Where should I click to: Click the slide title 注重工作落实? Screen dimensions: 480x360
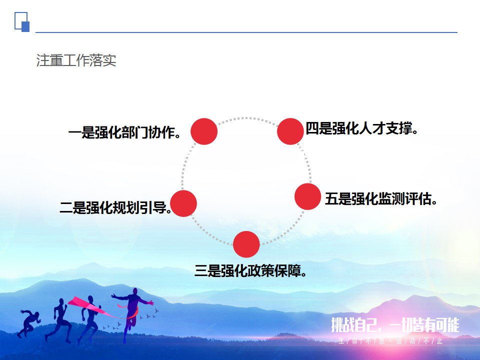click(76, 60)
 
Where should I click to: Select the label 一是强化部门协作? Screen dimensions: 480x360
click(124, 132)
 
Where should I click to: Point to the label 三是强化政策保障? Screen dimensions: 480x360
click(250, 270)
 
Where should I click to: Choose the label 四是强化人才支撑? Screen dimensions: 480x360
click(362, 128)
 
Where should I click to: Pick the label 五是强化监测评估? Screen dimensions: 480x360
click(381, 198)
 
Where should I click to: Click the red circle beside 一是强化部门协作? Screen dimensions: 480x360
click(204, 131)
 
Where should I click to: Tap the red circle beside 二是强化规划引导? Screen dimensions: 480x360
click(183, 203)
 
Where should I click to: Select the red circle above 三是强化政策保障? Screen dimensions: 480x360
click(246, 244)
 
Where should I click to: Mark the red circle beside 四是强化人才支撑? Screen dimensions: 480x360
click(290, 131)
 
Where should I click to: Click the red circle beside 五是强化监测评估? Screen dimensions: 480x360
click(307, 196)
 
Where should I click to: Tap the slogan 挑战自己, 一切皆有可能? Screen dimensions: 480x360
click(395, 325)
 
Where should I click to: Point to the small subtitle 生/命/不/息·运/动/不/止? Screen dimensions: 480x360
click(390, 340)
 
